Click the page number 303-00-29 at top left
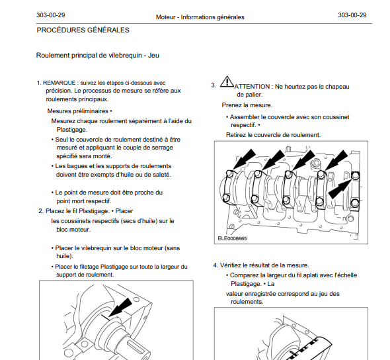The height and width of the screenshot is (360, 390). pos(51,15)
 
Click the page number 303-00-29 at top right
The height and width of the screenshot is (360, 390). pos(352,15)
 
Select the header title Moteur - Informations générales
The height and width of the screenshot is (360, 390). pos(200,17)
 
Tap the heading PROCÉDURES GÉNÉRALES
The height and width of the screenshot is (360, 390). pos(83,30)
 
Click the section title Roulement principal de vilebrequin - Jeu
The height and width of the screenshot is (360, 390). pos(98,56)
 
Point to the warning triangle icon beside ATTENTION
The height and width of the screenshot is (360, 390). pos(227,81)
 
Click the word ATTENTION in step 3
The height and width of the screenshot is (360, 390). pos(252,87)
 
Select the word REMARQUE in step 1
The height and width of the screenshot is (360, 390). pos(59,83)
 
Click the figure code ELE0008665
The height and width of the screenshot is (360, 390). pos(232,238)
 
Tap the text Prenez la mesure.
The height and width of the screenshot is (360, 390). pos(247,105)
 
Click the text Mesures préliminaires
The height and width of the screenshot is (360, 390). pos(77,111)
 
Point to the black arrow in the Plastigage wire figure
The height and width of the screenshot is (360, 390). pos(120,308)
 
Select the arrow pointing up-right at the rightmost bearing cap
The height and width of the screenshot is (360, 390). pos(340,189)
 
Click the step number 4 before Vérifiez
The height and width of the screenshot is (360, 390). pos(215,265)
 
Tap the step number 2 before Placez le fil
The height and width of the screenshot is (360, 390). pos(41,211)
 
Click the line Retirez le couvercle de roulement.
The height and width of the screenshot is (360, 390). pos(274,135)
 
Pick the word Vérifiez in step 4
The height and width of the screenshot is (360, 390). pos(231,265)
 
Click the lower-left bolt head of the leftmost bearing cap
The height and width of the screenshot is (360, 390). pos(226,198)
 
